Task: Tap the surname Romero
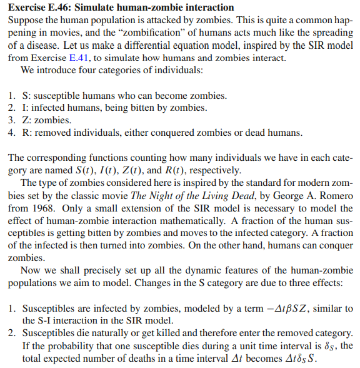pos(334,197)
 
